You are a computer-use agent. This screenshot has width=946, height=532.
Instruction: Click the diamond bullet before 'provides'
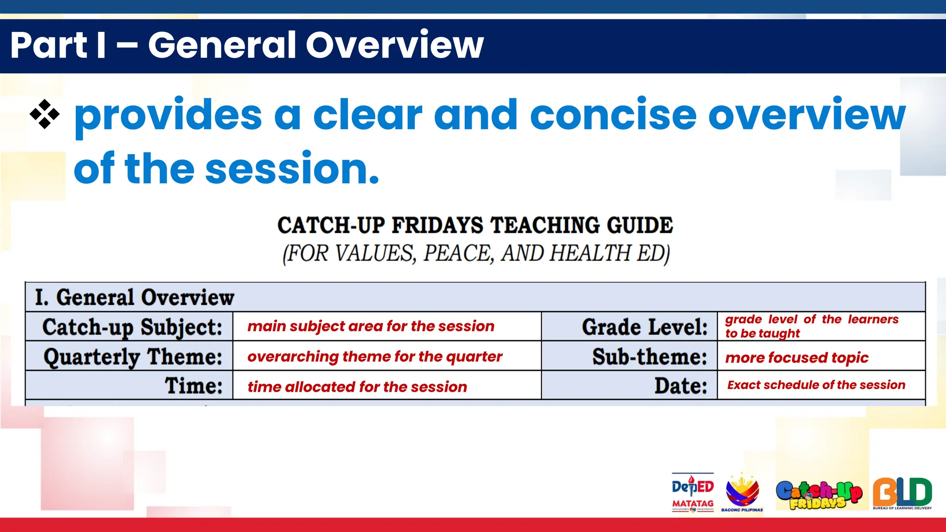45,114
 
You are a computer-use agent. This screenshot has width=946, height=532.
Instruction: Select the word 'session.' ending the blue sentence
292,169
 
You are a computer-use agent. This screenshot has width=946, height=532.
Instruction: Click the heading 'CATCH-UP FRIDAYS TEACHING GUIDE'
475,225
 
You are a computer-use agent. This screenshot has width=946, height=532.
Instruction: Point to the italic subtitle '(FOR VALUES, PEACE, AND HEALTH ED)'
476,254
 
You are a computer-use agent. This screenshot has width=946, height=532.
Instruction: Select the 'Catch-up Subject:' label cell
132,327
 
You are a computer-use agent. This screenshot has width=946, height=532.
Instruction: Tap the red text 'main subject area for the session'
370,326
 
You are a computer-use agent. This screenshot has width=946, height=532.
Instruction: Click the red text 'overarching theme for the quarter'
375,357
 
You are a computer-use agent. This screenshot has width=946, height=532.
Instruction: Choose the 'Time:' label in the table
194,386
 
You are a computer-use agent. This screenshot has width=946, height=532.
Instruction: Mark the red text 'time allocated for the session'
357,387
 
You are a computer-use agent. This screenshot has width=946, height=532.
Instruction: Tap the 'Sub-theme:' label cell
649,357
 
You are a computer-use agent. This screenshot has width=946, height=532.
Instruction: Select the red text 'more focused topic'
797,357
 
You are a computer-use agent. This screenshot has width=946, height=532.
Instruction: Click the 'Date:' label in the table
680,386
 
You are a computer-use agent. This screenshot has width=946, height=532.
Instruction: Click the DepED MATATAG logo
692,492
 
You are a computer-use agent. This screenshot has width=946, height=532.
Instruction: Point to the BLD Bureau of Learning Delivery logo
902,493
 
